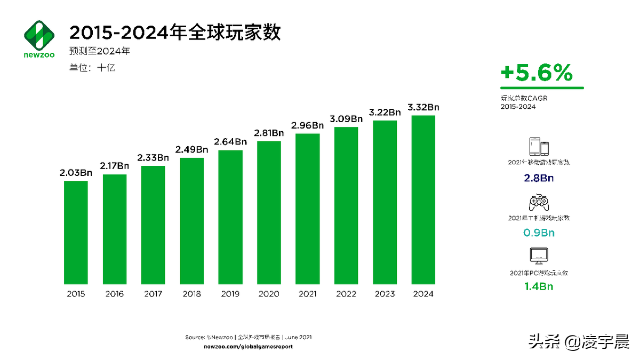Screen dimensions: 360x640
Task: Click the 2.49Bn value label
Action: point(191,149)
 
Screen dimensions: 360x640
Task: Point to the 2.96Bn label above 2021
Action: point(308,125)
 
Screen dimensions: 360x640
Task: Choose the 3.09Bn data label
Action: point(346,118)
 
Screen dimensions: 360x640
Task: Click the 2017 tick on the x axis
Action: point(153,294)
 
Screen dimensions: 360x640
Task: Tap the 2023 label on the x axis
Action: point(385,294)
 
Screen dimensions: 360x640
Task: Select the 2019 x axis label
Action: point(230,294)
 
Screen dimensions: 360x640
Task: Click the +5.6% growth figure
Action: point(537,74)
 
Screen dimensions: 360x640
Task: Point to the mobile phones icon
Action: point(539,147)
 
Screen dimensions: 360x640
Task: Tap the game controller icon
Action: point(539,203)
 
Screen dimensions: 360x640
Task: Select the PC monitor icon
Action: point(539,257)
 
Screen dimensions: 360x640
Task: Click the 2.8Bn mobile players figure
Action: point(539,178)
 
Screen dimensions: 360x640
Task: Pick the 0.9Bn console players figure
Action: point(539,233)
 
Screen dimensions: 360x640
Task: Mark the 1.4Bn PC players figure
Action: point(539,286)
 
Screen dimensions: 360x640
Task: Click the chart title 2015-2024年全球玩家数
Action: point(175,33)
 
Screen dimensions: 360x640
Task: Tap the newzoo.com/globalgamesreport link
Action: point(249,347)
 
